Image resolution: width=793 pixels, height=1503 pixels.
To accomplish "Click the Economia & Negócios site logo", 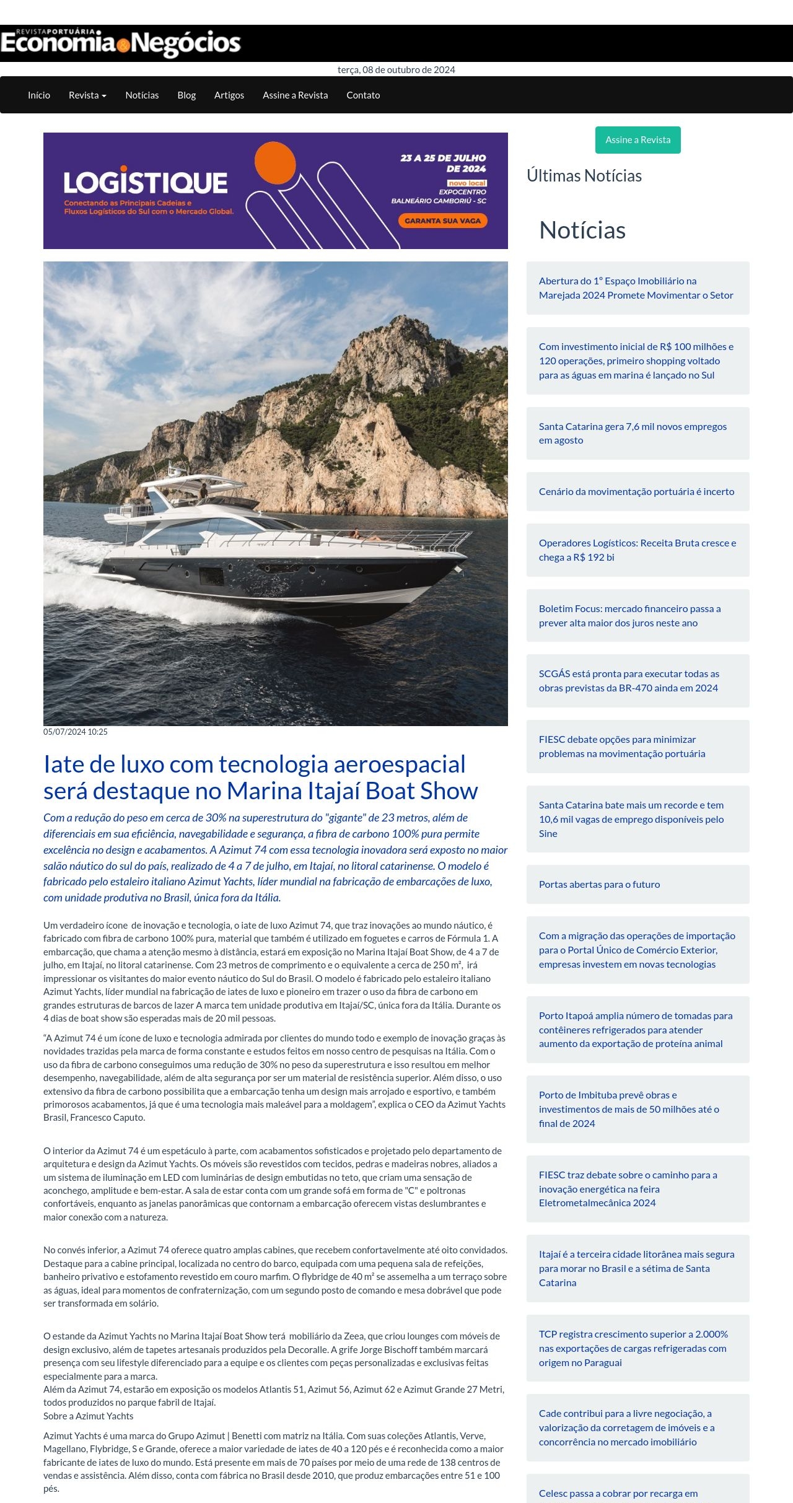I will pos(121,43).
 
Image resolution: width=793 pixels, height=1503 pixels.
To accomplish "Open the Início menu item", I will pos(39,95).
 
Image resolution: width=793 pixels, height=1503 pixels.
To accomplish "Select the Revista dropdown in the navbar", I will pos(87,95).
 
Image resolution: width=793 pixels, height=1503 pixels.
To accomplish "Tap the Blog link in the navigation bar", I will pos(186,95).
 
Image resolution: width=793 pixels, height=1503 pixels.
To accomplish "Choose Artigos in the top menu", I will pos(229,95).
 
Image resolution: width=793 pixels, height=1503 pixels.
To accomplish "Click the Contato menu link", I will pos(363,95).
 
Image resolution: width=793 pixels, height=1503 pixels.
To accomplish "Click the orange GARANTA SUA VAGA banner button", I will pos(443,221).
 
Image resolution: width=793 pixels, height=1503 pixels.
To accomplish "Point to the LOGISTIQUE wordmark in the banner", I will pos(146,183).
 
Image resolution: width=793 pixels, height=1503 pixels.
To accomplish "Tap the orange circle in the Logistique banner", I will pos(275,162).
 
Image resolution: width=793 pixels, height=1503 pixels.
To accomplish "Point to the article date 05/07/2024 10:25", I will pos(76,732).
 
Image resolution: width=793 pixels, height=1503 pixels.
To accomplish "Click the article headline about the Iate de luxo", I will pos(260,778).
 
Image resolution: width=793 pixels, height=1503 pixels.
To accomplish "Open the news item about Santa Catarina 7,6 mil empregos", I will pos(633,433).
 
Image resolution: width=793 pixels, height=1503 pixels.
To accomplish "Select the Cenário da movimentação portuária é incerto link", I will pos(636,492).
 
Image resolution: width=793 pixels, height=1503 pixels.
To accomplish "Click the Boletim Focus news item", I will pos(629,616).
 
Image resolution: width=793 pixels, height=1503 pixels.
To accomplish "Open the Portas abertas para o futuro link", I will pos(599,885).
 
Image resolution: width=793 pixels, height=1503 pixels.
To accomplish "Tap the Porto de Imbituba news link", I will pos(629,1109).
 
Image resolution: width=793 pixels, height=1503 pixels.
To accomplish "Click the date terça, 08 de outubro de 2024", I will pos(396,70).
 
